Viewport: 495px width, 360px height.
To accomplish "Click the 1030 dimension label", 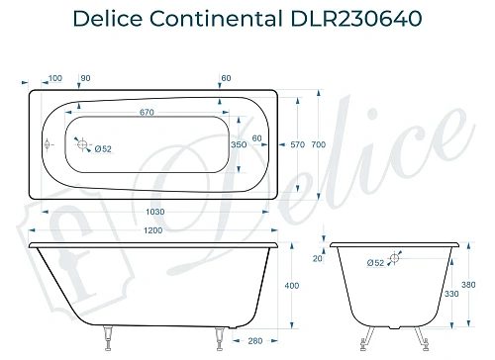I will click(x=153, y=212).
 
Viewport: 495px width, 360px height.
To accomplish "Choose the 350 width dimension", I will click(x=238, y=144).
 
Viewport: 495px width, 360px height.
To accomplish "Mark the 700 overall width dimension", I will click(x=318, y=144).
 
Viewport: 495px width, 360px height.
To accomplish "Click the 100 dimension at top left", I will click(x=54, y=77).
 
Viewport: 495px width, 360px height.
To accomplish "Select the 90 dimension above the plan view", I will click(x=85, y=77).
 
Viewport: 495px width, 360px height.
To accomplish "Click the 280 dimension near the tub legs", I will click(x=254, y=341).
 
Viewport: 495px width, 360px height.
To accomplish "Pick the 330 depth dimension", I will click(x=452, y=294).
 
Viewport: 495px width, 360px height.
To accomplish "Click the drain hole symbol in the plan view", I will click(x=82, y=142).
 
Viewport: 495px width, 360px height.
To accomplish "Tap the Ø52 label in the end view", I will click(x=375, y=263).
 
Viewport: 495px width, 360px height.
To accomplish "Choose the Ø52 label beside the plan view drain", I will click(x=103, y=148).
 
